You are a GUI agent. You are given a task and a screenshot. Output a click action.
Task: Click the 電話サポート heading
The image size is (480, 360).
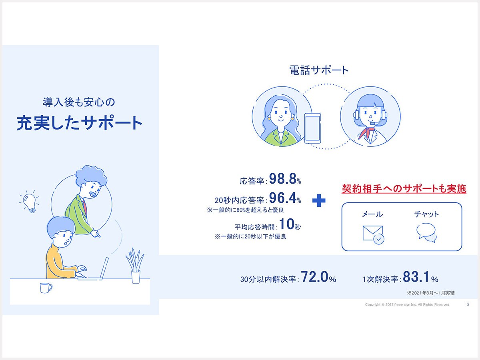pyautogui.click(x=319, y=70)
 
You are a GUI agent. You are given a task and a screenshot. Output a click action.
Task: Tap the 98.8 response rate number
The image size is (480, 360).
pyautogui.click(x=282, y=178)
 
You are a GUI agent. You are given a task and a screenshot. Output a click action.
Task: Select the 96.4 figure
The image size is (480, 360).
pyautogui.click(x=282, y=198)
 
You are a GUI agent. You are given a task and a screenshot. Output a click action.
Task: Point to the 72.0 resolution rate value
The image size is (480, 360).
pyautogui.click(x=314, y=277)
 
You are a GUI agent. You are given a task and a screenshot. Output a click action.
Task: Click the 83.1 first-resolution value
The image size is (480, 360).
pyautogui.click(x=416, y=277)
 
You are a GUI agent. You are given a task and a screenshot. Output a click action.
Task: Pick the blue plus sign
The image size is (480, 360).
pyautogui.click(x=319, y=200)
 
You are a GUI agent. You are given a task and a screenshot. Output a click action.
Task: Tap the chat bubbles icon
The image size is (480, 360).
pyautogui.click(x=426, y=233)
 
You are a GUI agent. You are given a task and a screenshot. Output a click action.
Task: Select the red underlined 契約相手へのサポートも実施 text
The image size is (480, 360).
pyautogui.click(x=404, y=189)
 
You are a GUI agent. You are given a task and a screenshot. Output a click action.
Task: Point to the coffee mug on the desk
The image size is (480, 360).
pyautogui.click(x=46, y=288)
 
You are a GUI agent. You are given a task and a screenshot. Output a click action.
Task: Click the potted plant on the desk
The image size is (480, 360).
pyautogui.click(x=135, y=266)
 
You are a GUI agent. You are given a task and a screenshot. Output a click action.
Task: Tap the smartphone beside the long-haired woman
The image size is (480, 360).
pyautogui.click(x=312, y=128)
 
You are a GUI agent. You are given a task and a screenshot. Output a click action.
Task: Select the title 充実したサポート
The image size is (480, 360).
pyautogui.click(x=80, y=123)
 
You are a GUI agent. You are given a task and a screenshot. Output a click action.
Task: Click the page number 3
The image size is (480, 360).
pyautogui.click(x=468, y=304)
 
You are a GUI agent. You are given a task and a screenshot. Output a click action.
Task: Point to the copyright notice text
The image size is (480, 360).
pyautogui.click(x=407, y=304)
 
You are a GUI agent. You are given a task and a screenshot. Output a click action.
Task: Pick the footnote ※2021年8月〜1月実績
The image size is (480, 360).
pyautogui.click(x=430, y=293)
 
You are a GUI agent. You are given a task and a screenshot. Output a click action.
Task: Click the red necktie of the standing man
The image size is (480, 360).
pyautogui.click(x=85, y=207)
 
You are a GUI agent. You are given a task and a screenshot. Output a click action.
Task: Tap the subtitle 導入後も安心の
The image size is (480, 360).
pyautogui.click(x=79, y=102)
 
